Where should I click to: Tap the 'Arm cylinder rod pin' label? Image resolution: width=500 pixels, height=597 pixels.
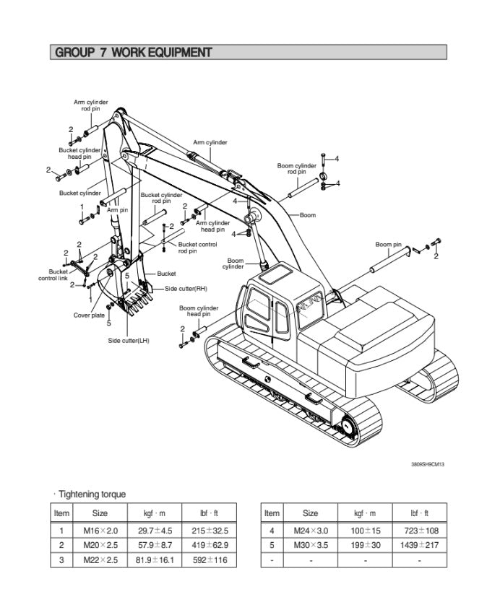pyautogui.click(x=90, y=105)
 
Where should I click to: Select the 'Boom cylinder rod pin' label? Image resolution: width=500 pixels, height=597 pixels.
pyautogui.click(x=296, y=169)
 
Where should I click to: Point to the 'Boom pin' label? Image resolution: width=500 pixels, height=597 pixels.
pyautogui.click(x=388, y=245)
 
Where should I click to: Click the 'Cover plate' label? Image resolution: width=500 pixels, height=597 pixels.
pyautogui.click(x=89, y=315)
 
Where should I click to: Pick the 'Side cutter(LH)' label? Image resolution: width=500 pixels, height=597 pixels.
pyautogui.click(x=129, y=341)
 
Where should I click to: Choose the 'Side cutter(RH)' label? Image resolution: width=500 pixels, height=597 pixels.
pyautogui.click(x=186, y=289)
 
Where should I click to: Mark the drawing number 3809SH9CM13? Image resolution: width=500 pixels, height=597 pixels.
pyautogui.click(x=427, y=464)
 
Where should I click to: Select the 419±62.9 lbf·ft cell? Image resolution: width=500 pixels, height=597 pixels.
pyautogui.click(x=209, y=546)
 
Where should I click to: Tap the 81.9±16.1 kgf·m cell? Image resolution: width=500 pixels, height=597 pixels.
pyautogui.click(x=154, y=559)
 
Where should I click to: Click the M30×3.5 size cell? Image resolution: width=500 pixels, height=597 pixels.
pyautogui.click(x=310, y=546)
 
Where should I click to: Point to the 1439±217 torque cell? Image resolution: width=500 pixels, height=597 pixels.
pyautogui.click(x=418, y=546)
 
